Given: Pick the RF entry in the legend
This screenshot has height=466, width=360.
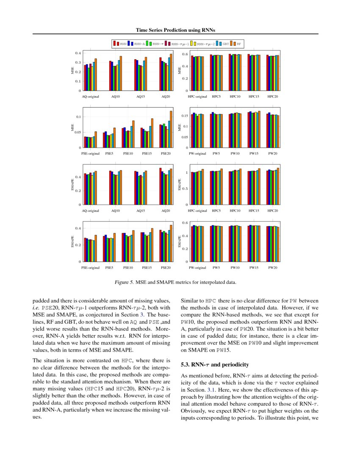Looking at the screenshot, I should (239, 43).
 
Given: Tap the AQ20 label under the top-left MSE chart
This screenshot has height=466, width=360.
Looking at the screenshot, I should (166, 97).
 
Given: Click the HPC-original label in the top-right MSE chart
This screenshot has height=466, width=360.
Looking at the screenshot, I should (197, 97).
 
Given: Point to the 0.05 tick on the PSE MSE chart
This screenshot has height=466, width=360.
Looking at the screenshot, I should (78, 132).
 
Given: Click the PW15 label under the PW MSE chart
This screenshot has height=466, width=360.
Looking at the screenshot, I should (254, 153).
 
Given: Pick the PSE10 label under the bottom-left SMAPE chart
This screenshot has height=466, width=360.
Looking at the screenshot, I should (128, 268).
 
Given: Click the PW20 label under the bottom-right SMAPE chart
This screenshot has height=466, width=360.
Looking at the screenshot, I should (273, 268).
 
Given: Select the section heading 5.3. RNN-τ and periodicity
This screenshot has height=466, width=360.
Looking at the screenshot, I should (214, 364).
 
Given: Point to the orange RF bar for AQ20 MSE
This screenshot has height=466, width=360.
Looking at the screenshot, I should (171, 72).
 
